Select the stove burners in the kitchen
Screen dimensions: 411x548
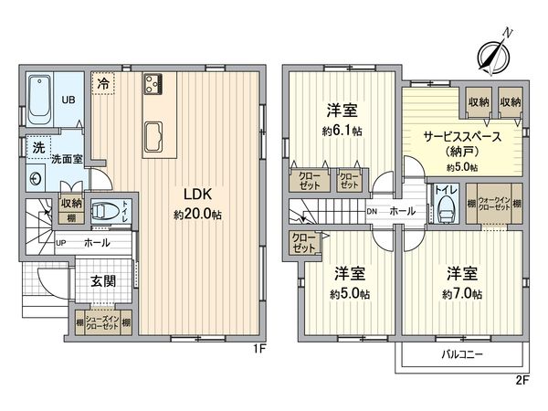[x=152, y=83]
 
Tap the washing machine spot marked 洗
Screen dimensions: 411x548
[x=37, y=148]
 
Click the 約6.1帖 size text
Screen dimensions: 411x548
[x=342, y=131]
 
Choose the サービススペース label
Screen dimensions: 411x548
[x=462, y=137]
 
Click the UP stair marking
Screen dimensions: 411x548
[x=61, y=243]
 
